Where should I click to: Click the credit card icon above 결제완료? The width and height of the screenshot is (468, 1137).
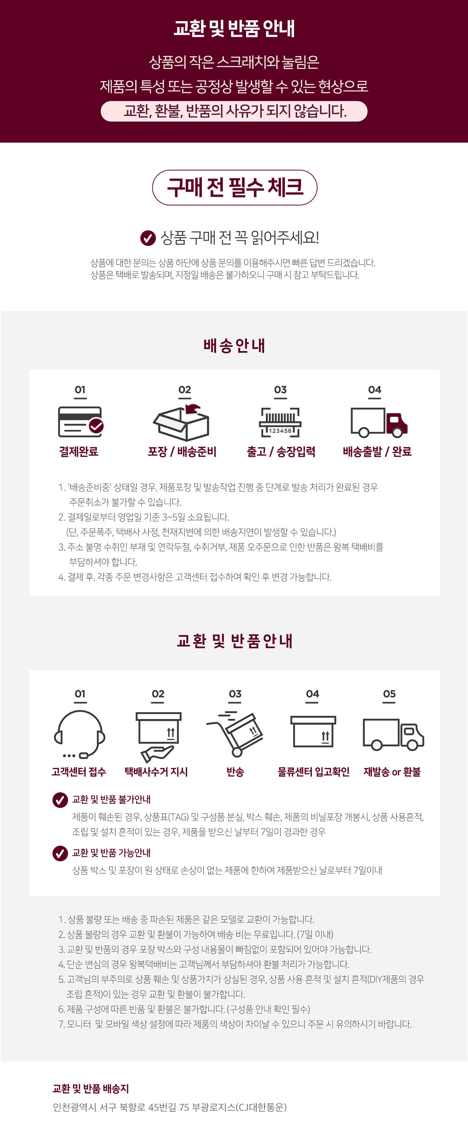pos(81,422)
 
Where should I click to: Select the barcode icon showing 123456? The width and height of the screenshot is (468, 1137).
pos(280,422)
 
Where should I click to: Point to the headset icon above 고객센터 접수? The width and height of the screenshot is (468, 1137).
pos(79,734)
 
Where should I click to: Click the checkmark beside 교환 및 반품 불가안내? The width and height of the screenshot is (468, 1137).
pos(60,799)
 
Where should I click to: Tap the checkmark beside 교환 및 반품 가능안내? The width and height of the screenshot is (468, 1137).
pos(60,853)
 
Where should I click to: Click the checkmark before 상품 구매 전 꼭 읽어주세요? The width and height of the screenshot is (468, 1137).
pos(148,238)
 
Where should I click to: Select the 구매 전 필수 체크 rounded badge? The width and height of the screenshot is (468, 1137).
pos(235,188)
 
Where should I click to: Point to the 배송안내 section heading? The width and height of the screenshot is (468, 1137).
pos(234,346)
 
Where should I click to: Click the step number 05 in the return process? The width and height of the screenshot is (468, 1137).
pos(389,693)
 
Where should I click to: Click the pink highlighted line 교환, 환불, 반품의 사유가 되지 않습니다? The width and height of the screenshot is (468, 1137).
pos(234,111)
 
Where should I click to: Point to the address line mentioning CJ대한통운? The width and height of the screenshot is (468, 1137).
pos(170,1107)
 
